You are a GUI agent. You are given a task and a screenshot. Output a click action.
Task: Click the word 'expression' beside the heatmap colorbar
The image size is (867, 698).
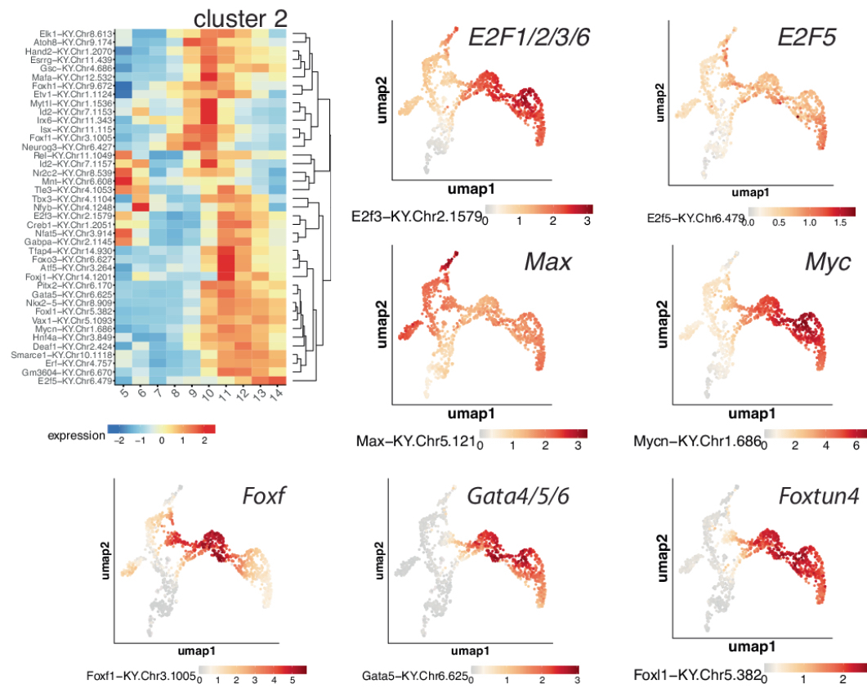(76, 435)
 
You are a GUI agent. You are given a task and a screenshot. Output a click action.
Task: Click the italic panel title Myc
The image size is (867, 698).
(827, 262)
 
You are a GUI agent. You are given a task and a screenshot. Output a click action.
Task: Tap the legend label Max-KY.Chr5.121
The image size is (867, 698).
(415, 442)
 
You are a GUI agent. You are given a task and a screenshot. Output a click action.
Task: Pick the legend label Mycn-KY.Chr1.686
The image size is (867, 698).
(697, 442)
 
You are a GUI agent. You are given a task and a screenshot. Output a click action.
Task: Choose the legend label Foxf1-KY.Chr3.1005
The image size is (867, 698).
(141, 675)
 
